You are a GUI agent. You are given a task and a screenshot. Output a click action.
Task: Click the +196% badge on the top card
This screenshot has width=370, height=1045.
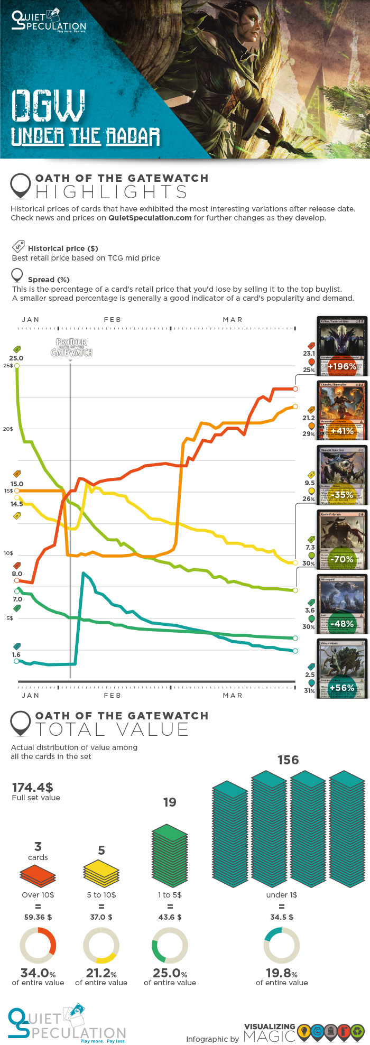point(341,366)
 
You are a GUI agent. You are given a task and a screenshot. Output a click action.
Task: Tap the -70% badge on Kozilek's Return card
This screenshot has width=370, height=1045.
point(342,559)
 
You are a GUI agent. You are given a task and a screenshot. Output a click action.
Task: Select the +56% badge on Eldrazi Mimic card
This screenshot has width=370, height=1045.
point(341,688)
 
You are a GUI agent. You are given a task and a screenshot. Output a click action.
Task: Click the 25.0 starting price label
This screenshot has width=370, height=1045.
point(16,358)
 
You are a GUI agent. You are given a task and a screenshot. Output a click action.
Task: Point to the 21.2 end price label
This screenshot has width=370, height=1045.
point(309,418)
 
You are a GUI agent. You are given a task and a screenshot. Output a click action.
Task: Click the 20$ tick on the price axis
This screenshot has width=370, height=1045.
point(8,429)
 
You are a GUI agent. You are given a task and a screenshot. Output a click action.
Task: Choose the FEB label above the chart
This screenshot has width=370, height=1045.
point(113,320)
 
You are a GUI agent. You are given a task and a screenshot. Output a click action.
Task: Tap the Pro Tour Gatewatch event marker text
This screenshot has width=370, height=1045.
point(71,347)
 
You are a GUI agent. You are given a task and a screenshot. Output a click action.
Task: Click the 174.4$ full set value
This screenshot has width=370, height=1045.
point(33,787)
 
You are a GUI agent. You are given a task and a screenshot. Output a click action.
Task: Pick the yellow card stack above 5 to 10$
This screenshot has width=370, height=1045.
point(101,873)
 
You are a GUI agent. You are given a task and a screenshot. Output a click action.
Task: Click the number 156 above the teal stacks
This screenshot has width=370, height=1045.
point(288,760)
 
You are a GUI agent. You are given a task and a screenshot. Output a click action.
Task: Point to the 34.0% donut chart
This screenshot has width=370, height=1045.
point(38,945)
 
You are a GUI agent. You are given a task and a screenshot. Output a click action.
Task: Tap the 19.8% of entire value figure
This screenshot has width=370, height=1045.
point(282,974)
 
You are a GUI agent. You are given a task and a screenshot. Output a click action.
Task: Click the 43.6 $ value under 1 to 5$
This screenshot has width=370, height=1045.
point(170,917)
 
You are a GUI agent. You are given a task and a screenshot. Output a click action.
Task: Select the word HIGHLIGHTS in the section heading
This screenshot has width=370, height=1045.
point(112,192)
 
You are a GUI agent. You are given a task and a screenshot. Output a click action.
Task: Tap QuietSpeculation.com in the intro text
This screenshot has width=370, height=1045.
point(150,218)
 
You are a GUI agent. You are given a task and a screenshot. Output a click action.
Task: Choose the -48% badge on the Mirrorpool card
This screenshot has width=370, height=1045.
point(342,624)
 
